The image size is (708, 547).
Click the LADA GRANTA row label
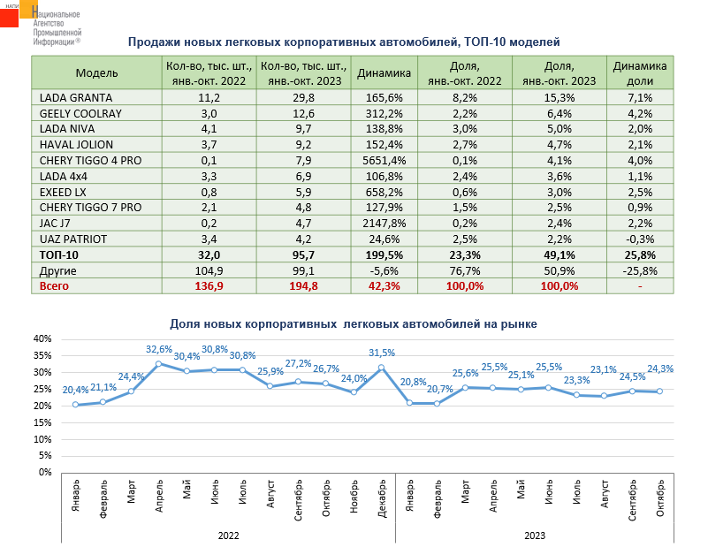click(x=73, y=97)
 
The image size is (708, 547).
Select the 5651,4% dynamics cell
click(x=384, y=161)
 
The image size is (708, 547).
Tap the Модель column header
click(x=96, y=72)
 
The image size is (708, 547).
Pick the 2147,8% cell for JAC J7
click(x=384, y=223)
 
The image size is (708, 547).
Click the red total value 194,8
click(x=302, y=286)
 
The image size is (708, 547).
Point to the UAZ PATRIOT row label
click(x=74, y=239)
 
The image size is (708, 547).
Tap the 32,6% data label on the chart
click(x=159, y=349)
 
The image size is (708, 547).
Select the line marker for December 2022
click(x=382, y=368)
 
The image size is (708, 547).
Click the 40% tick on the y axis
click(x=42, y=338)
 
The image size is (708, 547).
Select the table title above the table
click(x=345, y=42)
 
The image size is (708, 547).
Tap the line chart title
click(x=354, y=324)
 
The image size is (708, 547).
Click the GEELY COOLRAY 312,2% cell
click(x=384, y=113)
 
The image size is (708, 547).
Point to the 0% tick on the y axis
click(x=46, y=472)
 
